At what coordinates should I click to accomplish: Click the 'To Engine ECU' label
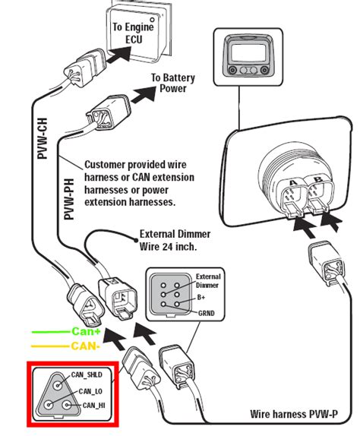tap(133, 33)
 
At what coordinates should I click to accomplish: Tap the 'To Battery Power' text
tap(173, 83)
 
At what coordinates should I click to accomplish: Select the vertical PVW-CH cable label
tap(43, 138)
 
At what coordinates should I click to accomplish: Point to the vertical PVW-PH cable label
tap(69, 199)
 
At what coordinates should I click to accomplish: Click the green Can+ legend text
tap(86, 331)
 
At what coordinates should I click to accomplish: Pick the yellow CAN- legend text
tap(85, 346)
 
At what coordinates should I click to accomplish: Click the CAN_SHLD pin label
tap(87, 374)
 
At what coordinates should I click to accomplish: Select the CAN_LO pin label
tap(90, 391)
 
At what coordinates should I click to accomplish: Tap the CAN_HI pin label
tap(94, 405)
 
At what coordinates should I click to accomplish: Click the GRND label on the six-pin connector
tap(207, 313)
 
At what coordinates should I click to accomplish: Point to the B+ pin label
tap(201, 297)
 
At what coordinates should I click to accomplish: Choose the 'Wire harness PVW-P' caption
tap(294, 414)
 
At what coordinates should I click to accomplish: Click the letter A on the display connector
tap(293, 183)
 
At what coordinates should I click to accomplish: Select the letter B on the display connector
tap(318, 179)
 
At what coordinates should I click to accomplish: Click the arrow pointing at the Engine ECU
tap(118, 54)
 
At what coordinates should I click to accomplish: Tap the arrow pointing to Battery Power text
tap(144, 95)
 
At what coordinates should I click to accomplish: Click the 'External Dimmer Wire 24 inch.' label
tap(175, 240)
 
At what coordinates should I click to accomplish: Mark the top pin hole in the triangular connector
tap(58, 385)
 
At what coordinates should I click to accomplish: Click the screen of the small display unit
tap(248, 52)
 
